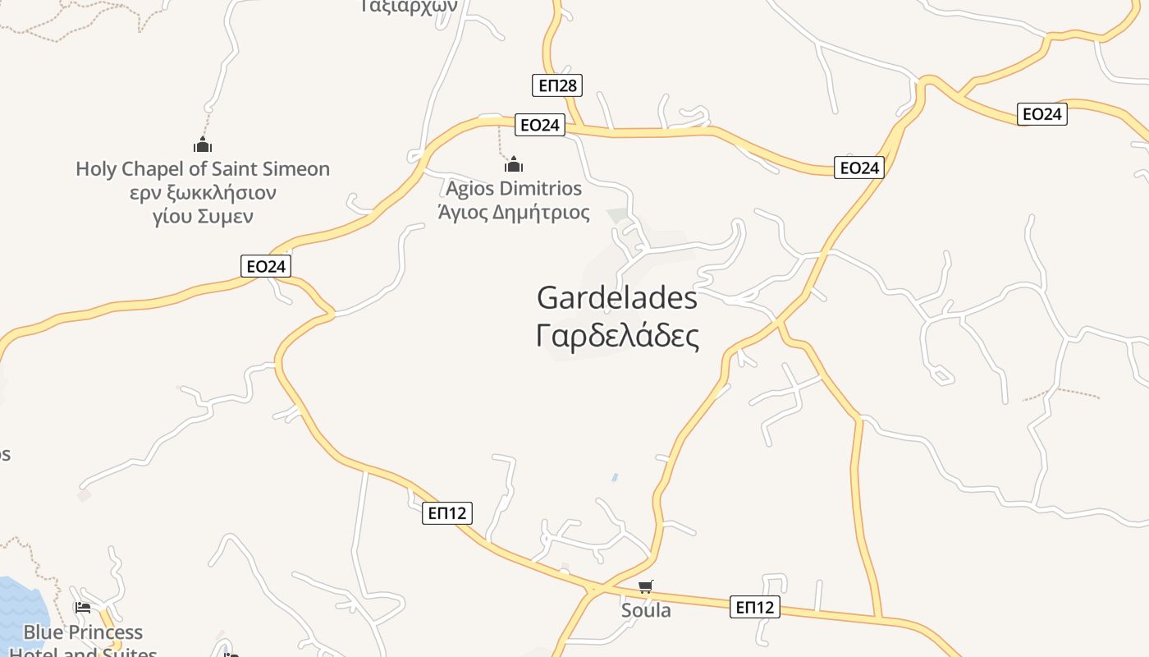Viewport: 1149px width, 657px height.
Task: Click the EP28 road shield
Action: pyautogui.click(x=556, y=85)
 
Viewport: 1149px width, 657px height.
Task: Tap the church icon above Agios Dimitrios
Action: pyautogui.click(x=514, y=164)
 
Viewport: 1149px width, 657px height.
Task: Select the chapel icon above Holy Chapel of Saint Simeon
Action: pyautogui.click(x=203, y=145)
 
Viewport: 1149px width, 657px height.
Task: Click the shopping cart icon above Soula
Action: pyautogui.click(x=646, y=586)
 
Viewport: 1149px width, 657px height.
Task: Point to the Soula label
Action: pyautogui.click(x=646, y=610)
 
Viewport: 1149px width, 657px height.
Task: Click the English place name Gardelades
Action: pyautogui.click(x=616, y=297)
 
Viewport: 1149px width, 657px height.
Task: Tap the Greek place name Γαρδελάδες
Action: pyautogui.click(x=617, y=336)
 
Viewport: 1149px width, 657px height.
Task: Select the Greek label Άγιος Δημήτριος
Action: pyautogui.click(x=514, y=213)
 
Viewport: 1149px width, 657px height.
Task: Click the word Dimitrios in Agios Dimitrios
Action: pyautogui.click(x=542, y=189)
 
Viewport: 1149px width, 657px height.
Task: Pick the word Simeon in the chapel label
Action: pyautogui.click(x=291, y=169)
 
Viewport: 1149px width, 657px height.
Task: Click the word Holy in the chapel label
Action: pyautogui.click(x=95, y=169)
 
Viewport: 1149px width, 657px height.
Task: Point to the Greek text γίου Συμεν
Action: pyautogui.click(x=203, y=217)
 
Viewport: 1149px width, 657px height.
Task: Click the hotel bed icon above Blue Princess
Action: pyautogui.click(x=82, y=608)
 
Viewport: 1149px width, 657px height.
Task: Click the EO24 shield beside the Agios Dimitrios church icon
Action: pyautogui.click(x=540, y=125)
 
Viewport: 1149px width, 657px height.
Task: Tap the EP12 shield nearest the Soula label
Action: pyautogui.click(x=754, y=607)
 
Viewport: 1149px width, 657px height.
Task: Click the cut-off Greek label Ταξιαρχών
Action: pyautogui.click(x=408, y=5)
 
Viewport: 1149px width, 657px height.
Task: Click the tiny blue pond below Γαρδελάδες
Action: pyautogui.click(x=615, y=477)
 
